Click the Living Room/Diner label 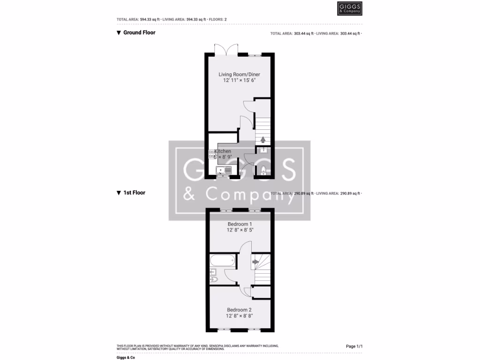240,75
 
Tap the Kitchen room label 223,151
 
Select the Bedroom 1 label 240,224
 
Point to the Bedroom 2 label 240,310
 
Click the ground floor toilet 263,170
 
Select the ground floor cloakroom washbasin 263,150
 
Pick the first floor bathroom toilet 214,279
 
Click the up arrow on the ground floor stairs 262,139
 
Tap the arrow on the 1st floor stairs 255,262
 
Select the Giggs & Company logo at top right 350,9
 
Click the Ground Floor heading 139,33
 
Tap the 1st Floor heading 134,193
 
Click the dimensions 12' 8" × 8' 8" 240,316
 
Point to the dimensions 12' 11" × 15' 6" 240,81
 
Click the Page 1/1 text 354,346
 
